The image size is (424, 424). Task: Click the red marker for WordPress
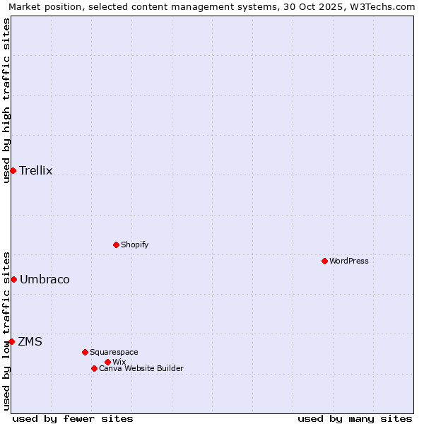pyautogui.click(x=324, y=261)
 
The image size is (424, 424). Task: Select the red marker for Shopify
pyautogui.click(x=116, y=245)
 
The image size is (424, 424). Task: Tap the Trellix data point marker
pyautogui.click(x=13, y=170)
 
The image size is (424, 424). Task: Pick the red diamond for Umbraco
pyautogui.click(x=13, y=279)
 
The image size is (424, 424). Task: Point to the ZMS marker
pyautogui.click(x=11, y=341)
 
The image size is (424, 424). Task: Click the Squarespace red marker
pyautogui.click(x=85, y=352)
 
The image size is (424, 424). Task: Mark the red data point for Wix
pyautogui.click(x=107, y=362)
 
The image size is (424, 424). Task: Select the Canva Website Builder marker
pyautogui.click(x=94, y=368)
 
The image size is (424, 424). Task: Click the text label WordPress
pyautogui.click(x=349, y=261)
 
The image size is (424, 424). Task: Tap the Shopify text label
pyautogui.click(x=134, y=245)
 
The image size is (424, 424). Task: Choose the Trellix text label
pyautogui.click(x=36, y=170)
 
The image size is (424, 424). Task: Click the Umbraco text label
pyautogui.click(x=45, y=279)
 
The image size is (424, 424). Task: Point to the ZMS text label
pyautogui.click(x=30, y=341)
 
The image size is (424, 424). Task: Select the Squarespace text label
pyautogui.click(x=114, y=352)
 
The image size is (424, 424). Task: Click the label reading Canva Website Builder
pyautogui.click(x=141, y=368)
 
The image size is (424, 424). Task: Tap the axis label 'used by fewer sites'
pyautogui.click(x=73, y=418)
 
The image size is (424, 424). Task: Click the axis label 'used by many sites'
pyautogui.click(x=355, y=418)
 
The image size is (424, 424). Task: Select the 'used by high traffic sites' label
pyautogui.click(x=6, y=100)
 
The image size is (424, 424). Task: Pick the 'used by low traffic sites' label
pyautogui.click(x=6, y=331)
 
